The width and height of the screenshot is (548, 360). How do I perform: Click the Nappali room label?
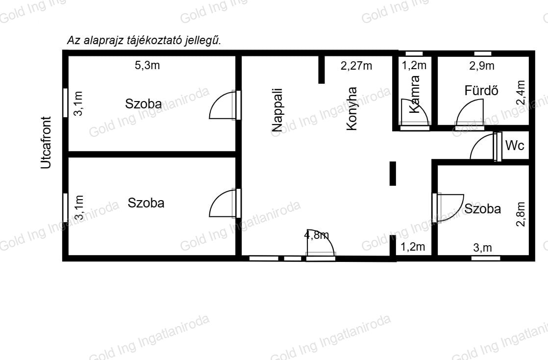tap(277, 110)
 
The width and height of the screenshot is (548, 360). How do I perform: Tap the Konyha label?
tap(351, 109)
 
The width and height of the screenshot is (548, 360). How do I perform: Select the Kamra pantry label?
tap(414, 95)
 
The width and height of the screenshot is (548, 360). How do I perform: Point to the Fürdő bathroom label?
tap(481, 91)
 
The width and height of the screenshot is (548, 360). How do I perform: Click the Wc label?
tap(515, 145)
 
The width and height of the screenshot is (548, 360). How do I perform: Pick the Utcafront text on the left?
tap(46, 142)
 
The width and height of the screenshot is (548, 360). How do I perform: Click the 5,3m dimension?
tap(147, 65)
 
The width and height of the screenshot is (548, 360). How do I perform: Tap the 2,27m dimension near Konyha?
tap(356, 65)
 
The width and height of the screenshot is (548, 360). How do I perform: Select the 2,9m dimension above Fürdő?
tap(482, 65)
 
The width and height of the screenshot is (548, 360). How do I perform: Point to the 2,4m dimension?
tap(521, 92)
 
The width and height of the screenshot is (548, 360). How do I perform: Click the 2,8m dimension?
tap(521, 214)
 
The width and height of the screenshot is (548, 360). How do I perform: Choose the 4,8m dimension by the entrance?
tap(316, 235)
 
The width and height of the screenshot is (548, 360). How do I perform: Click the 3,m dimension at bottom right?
tap(482, 248)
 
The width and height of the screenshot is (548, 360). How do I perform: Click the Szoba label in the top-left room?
tap(143, 104)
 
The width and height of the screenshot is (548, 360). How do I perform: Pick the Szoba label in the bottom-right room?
tap(482, 209)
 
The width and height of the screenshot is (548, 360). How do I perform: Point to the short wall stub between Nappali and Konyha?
tap(322, 70)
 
